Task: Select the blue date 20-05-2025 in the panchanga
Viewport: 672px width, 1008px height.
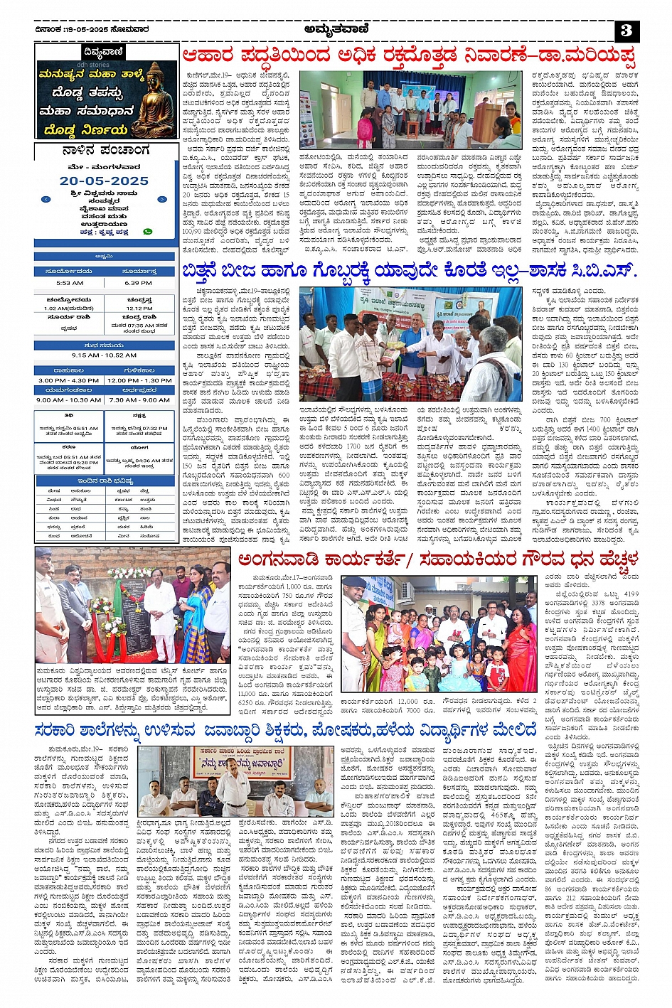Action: [x=105, y=181]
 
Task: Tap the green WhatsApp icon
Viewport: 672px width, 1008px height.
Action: [x=147, y=232]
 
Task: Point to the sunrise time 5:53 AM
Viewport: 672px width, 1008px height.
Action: [x=69, y=283]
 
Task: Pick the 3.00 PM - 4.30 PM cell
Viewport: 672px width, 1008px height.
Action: [x=69, y=380]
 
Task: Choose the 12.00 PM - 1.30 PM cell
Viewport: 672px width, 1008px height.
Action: [x=139, y=380]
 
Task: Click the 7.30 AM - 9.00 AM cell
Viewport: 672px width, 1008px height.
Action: [x=139, y=400]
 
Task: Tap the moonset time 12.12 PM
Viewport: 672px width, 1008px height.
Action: [x=139, y=309]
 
